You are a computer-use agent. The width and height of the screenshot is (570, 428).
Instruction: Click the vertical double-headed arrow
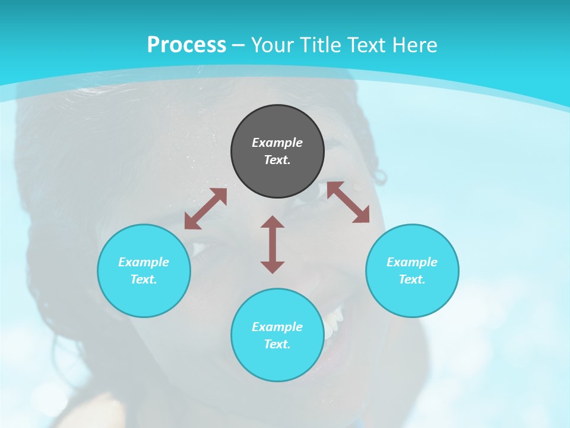273,244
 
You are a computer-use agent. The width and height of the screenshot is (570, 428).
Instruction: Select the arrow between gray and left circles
205,209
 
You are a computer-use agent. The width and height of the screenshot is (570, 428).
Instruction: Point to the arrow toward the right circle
348,202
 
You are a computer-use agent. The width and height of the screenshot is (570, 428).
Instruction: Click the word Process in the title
186,45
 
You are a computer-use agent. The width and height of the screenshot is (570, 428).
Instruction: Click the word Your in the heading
272,45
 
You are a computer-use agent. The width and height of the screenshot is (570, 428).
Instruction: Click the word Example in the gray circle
277,143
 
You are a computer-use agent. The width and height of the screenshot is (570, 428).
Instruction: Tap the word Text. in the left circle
144,279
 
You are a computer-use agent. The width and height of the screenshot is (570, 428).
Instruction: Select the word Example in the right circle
412,262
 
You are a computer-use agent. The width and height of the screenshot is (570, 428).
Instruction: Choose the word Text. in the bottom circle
277,344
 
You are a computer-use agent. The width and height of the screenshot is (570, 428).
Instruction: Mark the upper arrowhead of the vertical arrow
273,222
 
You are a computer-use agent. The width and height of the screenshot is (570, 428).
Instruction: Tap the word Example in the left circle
144,262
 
